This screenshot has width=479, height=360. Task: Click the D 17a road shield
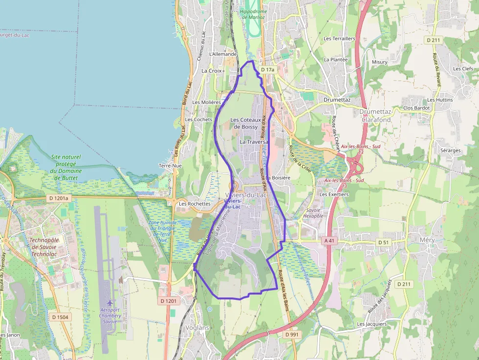tap(268, 70)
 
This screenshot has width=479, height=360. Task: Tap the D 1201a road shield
tap(59, 198)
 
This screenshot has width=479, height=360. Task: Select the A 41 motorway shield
tap(329, 240)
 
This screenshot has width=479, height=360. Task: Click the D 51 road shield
tap(384, 242)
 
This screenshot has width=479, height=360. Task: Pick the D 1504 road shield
tap(61, 317)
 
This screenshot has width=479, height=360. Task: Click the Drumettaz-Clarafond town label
tap(375, 116)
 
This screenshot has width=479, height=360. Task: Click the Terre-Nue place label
tap(170, 166)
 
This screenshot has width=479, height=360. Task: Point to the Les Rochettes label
tap(195, 204)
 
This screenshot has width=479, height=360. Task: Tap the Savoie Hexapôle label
tap(313, 212)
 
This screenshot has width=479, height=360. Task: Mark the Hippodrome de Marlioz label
tap(253, 14)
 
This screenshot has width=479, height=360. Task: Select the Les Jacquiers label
tap(371, 324)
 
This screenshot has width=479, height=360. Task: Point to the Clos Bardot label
tap(416, 107)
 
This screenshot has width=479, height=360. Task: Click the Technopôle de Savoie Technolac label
tap(44, 247)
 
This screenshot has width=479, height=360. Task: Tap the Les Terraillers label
tap(339, 38)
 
